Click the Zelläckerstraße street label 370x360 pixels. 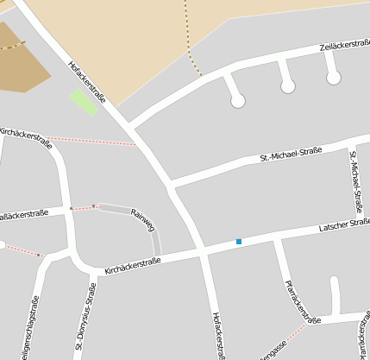tap(345, 46)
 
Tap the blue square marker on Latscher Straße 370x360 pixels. tap(239, 242)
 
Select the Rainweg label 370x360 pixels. tap(142, 219)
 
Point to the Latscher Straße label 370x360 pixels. tap(344, 226)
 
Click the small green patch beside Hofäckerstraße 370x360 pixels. tap(83, 101)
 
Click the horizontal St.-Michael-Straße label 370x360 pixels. tap(291, 155)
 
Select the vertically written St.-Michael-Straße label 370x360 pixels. tap(355, 181)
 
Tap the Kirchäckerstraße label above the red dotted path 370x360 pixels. tap(26, 136)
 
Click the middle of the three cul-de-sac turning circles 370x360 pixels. tap(288, 86)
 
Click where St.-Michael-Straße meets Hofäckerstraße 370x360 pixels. tap(171, 183)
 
